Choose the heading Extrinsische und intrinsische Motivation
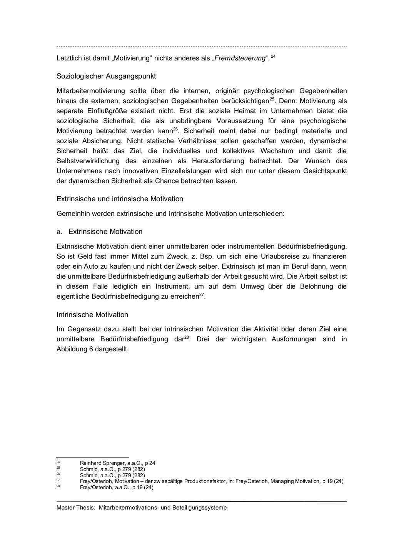pyautogui.click(x=120, y=199)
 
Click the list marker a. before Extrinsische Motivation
pyautogui.click(x=59, y=232)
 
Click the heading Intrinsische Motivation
pyautogui.click(x=92, y=315)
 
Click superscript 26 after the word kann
pyautogui.click(x=175, y=129)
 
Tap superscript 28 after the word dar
pyautogui.click(x=187, y=337)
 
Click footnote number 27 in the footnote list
pyautogui.click(x=58, y=480)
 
